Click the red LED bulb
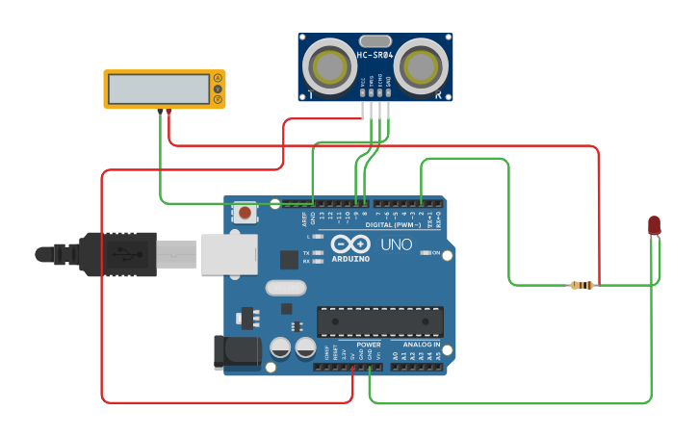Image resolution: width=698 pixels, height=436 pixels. click(655, 225)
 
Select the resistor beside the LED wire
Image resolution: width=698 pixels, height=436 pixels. click(582, 285)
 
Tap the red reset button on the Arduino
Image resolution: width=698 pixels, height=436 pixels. click(246, 213)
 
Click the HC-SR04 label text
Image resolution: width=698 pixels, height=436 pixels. click(375, 56)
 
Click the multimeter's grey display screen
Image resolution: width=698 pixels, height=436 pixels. click(159, 89)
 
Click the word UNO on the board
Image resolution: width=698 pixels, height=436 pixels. click(397, 244)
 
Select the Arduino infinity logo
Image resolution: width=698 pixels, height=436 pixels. click(349, 244)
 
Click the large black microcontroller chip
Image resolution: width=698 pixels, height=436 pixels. click(380, 321)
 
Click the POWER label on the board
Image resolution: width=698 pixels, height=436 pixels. click(369, 344)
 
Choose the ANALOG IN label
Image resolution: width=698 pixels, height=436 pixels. click(421, 344)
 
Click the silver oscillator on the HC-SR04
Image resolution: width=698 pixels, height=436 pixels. click(375, 41)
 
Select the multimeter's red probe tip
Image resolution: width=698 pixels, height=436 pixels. click(169, 113)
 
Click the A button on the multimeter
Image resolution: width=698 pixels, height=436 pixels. click(219, 78)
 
